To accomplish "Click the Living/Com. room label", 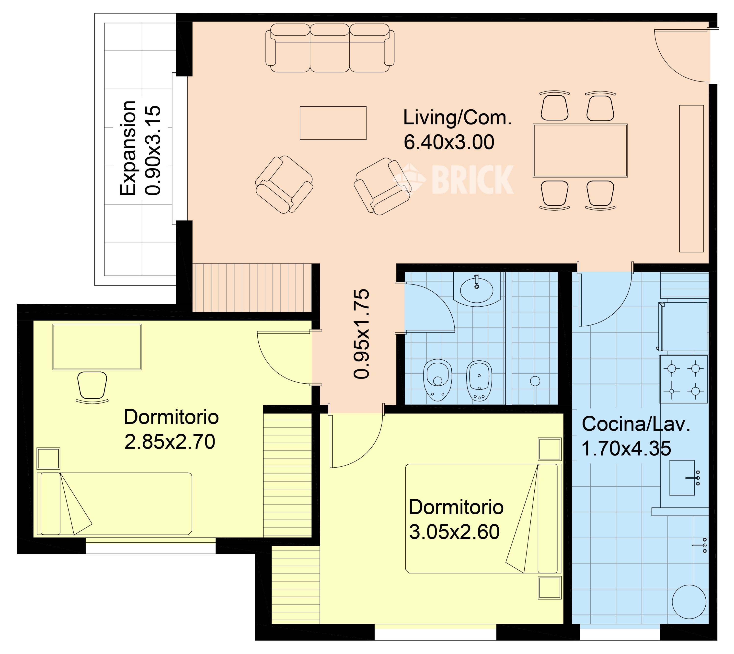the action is tap(457, 118).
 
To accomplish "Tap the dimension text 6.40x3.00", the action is tap(449, 142).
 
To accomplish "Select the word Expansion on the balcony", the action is tap(128, 148).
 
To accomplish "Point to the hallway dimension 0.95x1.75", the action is tap(361, 334).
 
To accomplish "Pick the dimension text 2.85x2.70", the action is tap(170, 442).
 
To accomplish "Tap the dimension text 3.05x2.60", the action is tap(454, 532).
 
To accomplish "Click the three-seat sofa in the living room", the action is tap(330, 48).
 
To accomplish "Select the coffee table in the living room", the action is tap(333, 123).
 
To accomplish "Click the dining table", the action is tap(580, 150).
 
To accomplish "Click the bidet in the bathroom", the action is tap(479, 381).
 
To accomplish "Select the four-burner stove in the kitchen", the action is tap(684, 379).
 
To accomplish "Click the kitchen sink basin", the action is tap(682, 478).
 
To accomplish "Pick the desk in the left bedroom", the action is tap(97, 347).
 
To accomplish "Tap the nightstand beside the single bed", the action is tap(48, 459).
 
